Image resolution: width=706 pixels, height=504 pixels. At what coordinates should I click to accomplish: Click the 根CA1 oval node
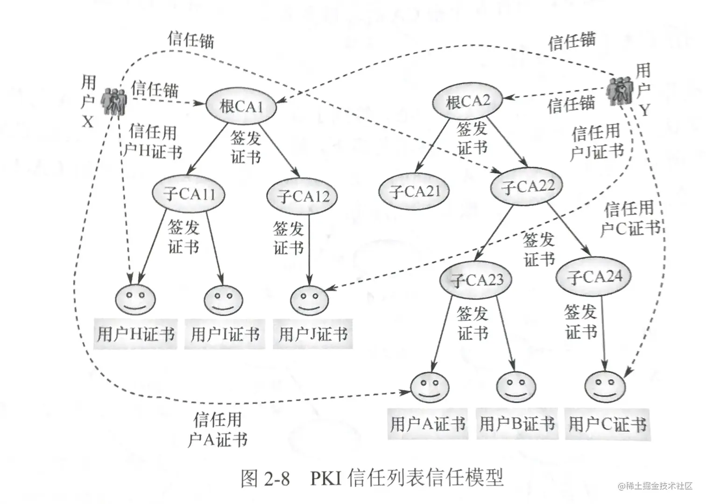click(241, 106)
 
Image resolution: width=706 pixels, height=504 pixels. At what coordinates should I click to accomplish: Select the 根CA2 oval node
click(467, 101)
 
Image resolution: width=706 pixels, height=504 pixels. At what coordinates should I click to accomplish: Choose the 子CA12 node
click(304, 196)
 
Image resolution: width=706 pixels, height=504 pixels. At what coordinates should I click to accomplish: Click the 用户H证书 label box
click(135, 334)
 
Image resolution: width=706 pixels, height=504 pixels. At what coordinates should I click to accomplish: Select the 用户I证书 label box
click(225, 334)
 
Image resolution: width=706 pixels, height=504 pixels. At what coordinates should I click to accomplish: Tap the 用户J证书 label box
click(313, 334)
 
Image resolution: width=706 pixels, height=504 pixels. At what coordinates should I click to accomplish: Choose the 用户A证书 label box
click(428, 424)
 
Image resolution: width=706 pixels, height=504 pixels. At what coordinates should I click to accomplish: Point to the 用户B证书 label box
click(517, 424)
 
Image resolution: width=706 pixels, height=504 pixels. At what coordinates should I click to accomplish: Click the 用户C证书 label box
click(607, 424)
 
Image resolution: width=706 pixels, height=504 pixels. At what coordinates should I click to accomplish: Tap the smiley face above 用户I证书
click(224, 299)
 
